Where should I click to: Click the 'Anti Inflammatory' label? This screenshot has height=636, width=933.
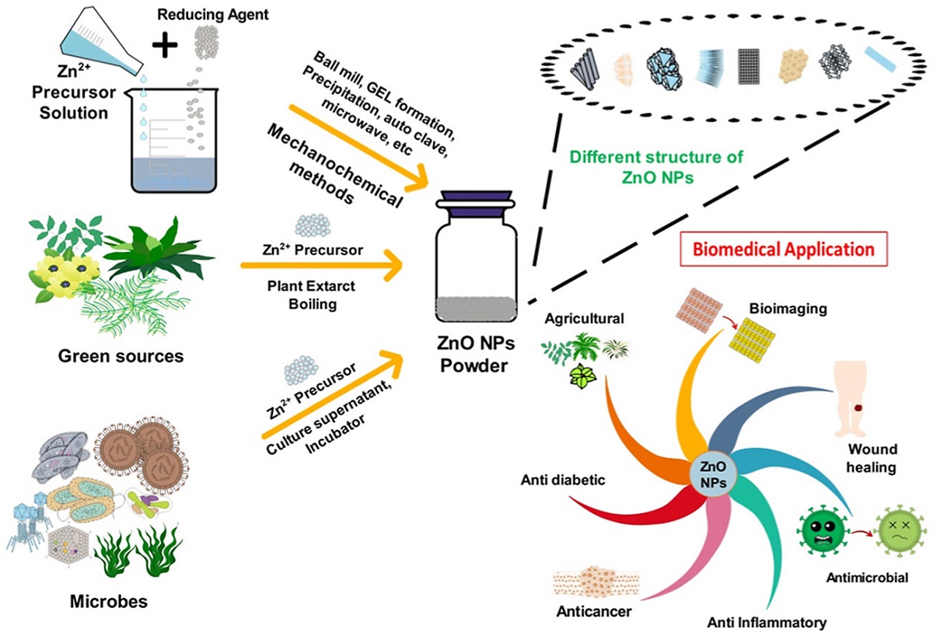(766, 622)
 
